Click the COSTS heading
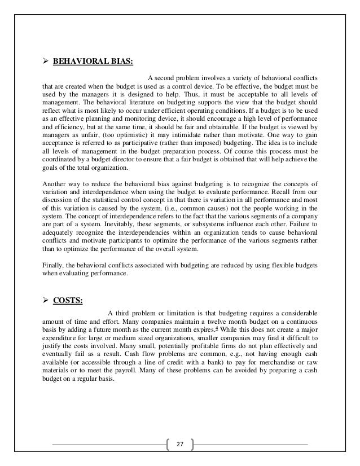[68, 300]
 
